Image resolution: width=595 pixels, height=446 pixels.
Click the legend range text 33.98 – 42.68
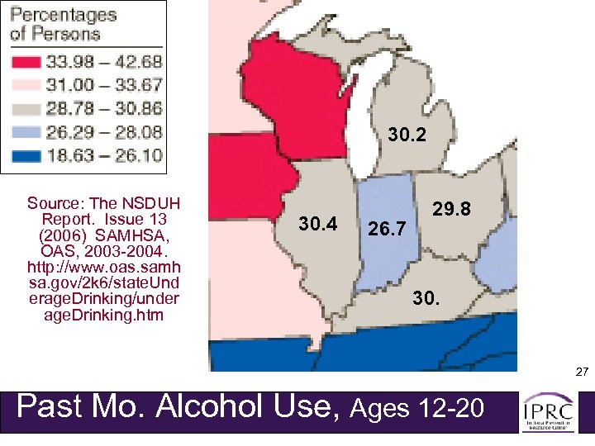(107, 62)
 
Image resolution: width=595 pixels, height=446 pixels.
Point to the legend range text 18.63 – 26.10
(107, 154)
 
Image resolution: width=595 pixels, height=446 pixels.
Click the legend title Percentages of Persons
(64, 25)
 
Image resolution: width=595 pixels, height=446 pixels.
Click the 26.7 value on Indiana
(387, 228)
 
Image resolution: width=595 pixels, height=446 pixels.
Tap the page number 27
(582, 373)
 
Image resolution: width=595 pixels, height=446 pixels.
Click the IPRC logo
(549, 410)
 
